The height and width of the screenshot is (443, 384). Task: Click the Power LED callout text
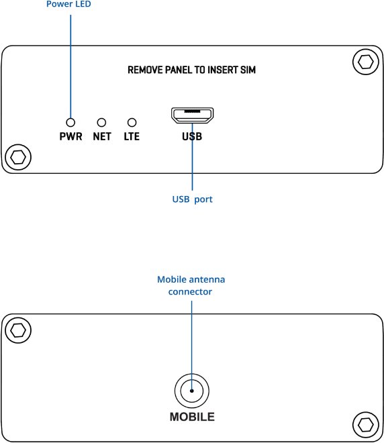68,4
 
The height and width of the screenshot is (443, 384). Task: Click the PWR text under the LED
70,136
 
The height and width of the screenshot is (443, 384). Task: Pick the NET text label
102,136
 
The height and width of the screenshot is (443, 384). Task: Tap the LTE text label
132,136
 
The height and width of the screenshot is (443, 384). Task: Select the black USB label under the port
192,136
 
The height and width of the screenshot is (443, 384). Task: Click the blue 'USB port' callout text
193,199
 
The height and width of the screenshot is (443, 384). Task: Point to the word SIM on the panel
248,70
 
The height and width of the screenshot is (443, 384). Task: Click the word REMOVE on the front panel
145,70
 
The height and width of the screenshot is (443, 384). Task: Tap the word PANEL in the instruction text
178,70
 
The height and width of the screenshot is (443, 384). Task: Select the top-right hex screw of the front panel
366,62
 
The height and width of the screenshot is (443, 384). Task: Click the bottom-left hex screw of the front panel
18,157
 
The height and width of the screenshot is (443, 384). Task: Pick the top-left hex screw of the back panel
18,330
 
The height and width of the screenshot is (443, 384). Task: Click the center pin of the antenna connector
192,391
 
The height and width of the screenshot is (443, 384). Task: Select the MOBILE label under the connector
192,417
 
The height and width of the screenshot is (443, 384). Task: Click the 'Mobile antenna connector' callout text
191,285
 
